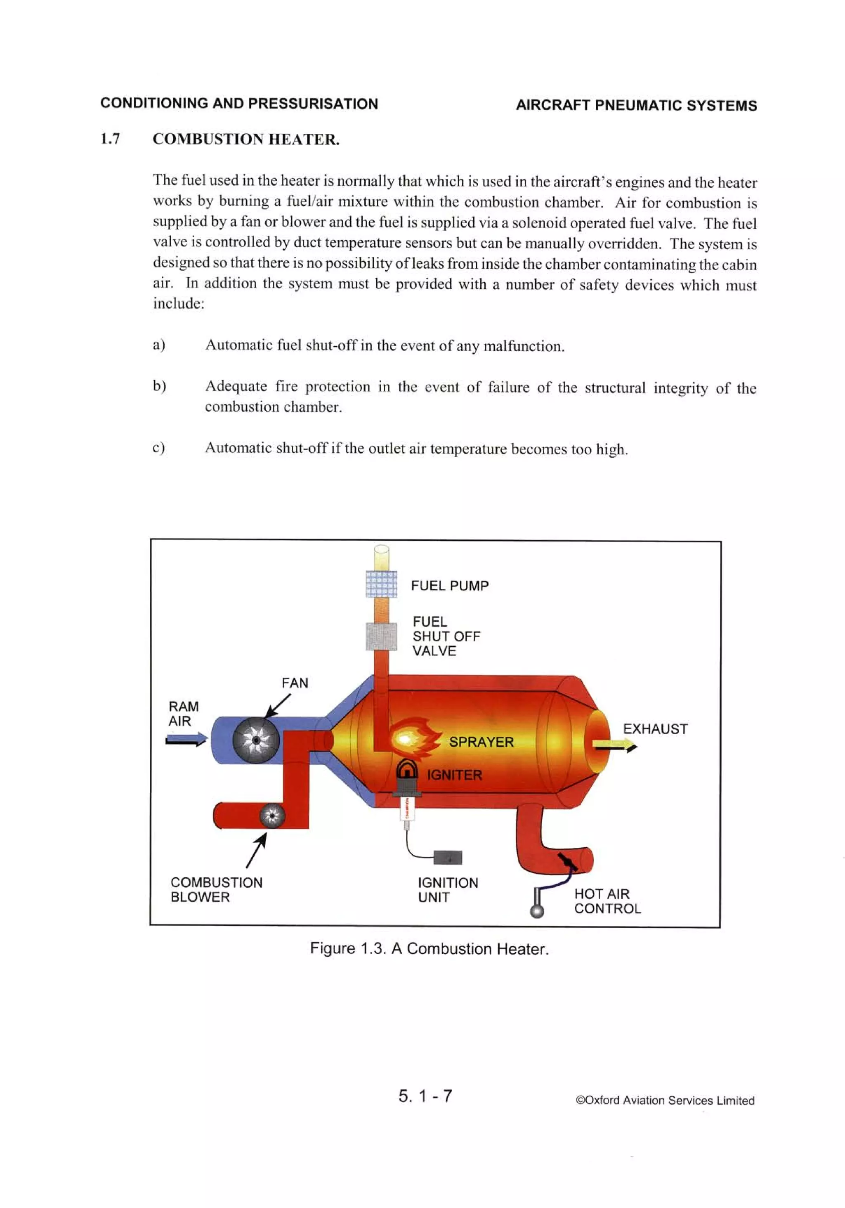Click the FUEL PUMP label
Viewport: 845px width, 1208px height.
[449, 586]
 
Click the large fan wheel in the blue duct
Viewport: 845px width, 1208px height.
[256, 740]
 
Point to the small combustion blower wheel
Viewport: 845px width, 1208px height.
[272, 816]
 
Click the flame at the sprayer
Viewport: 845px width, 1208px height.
[413, 738]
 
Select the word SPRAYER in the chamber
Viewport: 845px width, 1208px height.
[481, 742]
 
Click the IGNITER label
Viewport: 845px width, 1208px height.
[454, 775]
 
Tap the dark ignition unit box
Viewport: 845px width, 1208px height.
[448, 858]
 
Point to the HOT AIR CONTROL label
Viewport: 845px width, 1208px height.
[607, 901]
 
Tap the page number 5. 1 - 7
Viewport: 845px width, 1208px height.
[425, 1096]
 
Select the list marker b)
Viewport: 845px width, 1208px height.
[159, 386]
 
